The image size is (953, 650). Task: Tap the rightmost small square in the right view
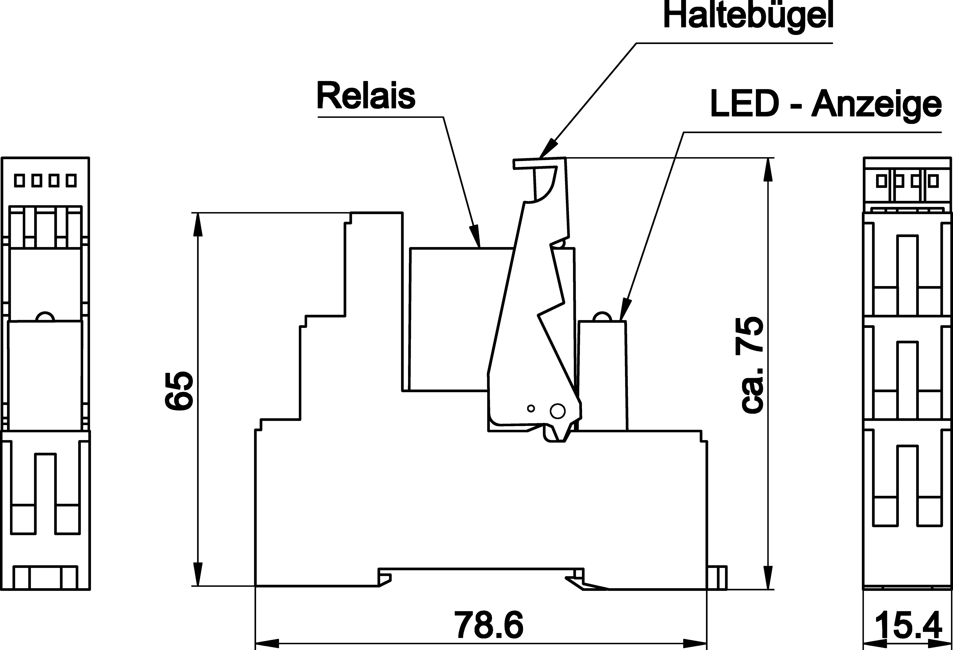934,181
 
